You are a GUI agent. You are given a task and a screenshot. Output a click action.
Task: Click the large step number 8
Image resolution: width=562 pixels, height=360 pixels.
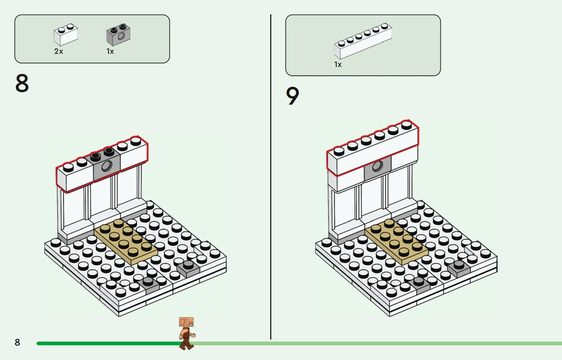pyautogui.click(x=22, y=83)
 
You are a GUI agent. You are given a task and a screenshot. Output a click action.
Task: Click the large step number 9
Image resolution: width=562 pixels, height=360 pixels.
pyautogui.click(x=293, y=96)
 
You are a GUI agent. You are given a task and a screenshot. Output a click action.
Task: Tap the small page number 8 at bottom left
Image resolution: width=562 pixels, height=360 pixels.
pyautogui.click(x=17, y=342)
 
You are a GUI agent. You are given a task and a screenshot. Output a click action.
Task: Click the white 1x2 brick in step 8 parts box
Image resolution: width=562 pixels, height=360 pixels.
pyautogui.click(x=66, y=34)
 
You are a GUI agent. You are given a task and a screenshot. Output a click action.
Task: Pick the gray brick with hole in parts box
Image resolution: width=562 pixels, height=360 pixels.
pyautogui.click(x=118, y=35)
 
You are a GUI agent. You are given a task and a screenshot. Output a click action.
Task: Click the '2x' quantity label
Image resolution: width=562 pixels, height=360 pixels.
pyautogui.click(x=59, y=52)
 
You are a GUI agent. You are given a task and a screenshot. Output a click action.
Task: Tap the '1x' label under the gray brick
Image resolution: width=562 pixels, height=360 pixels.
pyautogui.click(x=110, y=52)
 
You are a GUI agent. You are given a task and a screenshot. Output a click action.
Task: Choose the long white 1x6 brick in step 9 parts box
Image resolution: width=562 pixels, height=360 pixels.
pyautogui.click(x=362, y=41)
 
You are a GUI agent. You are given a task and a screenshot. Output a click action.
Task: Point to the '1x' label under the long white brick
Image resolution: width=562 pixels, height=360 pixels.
pyautogui.click(x=338, y=65)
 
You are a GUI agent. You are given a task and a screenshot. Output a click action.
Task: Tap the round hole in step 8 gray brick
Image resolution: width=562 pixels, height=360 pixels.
pyautogui.click(x=107, y=166)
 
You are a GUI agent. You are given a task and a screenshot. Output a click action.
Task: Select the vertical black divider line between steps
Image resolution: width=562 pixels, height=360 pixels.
pyautogui.click(x=271, y=176)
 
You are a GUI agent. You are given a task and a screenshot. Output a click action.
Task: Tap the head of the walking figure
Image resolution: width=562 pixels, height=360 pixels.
pyautogui.click(x=186, y=322)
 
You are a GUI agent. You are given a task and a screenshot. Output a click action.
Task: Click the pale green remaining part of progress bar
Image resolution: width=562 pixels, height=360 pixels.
pyautogui.click(x=366, y=344)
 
